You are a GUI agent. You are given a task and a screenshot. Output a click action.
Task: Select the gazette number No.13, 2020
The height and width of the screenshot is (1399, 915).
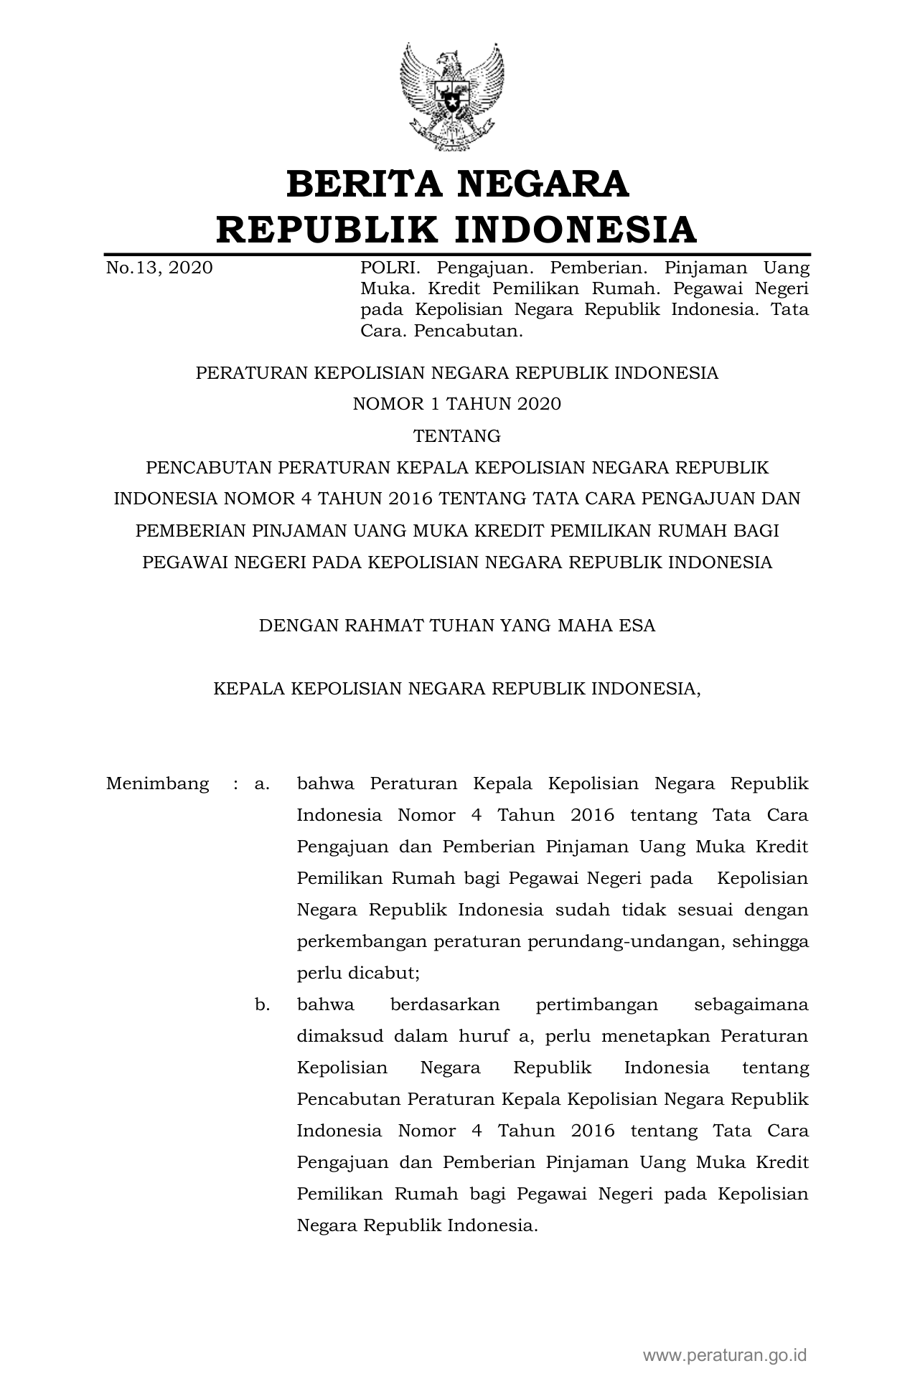tap(159, 268)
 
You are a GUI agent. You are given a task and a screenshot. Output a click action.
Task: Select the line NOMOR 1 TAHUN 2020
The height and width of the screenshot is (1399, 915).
tap(457, 405)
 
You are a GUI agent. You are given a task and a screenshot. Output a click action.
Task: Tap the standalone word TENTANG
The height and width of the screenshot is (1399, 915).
tap(457, 436)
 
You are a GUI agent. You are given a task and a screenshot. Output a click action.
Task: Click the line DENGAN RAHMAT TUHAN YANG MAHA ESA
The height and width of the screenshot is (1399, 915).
tap(457, 626)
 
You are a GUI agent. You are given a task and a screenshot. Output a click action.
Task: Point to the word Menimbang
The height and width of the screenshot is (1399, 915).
tap(158, 783)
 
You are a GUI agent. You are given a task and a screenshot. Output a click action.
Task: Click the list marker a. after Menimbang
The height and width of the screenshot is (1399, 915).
tap(262, 783)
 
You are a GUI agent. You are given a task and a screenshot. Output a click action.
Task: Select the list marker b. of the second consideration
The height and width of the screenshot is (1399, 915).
tap(262, 1004)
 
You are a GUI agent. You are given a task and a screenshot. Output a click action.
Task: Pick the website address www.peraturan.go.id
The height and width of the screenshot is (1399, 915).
tap(725, 1355)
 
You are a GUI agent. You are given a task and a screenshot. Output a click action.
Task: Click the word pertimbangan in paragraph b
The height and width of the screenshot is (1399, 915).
tap(597, 1004)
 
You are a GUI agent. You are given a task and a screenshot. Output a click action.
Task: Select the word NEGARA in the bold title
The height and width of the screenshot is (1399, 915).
tap(543, 184)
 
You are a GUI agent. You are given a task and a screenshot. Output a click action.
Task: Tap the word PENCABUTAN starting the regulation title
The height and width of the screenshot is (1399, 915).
tap(209, 468)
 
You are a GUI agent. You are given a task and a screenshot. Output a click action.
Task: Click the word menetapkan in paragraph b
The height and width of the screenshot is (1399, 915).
tap(656, 1036)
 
